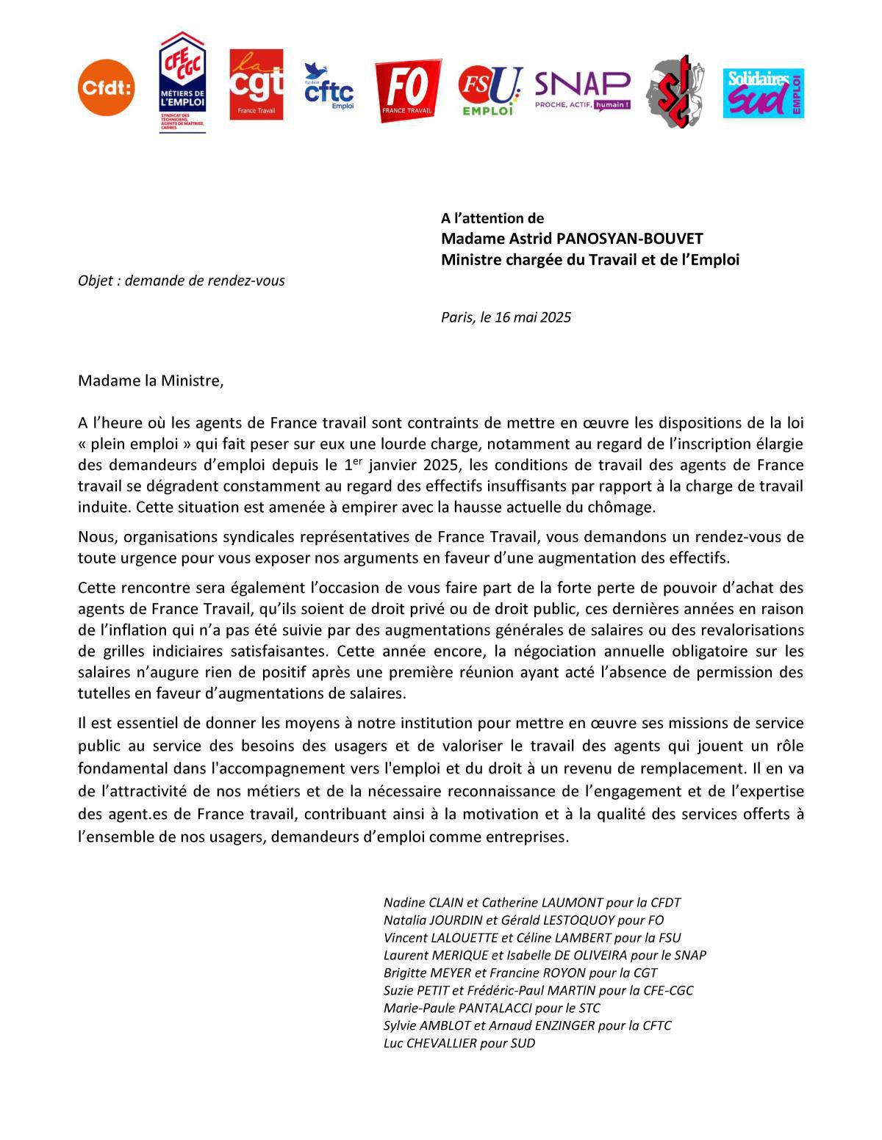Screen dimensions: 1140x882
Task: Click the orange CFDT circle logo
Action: tap(107, 87)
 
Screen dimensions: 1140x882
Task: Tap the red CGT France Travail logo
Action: tap(256, 84)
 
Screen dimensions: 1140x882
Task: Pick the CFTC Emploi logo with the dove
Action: tap(329, 87)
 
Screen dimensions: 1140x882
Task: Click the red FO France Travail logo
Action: tap(408, 90)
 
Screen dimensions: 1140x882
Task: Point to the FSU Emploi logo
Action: tap(490, 90)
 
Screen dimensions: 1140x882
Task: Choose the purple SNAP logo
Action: tap(582, 90)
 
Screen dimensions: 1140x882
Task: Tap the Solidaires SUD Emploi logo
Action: tap(763, 93)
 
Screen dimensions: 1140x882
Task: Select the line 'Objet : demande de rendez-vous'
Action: tap(182, 281)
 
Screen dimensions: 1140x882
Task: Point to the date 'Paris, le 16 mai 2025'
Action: tap(506, 317)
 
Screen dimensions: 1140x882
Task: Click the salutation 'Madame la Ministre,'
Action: tap(150, 380)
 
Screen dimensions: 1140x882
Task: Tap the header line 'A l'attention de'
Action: tap(492, 218)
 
